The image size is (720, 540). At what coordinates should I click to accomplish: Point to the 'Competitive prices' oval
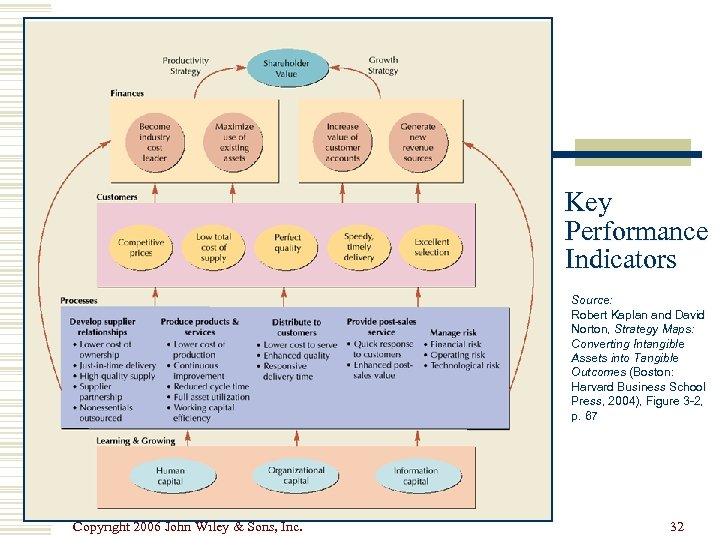(141, 247)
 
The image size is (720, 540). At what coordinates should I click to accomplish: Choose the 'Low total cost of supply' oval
(213, 247)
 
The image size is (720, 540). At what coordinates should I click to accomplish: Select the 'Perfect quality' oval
(287, 247)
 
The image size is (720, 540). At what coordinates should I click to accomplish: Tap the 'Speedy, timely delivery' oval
(359, 247)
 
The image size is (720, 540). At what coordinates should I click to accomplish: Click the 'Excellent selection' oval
(432, 247)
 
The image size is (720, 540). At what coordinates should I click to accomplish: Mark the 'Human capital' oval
(170, 475)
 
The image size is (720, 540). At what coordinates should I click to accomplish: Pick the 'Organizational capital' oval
(296, 475)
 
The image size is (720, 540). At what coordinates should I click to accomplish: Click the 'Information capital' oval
(416, 475)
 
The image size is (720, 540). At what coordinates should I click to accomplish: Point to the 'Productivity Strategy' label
(186, 65)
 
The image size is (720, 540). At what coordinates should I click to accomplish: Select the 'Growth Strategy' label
(383, 65)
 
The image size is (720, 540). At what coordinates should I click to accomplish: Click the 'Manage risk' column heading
(452, 332)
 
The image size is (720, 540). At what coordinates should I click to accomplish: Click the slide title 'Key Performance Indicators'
(635, 232)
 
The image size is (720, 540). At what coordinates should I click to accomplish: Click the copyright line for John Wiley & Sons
(188, 527)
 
